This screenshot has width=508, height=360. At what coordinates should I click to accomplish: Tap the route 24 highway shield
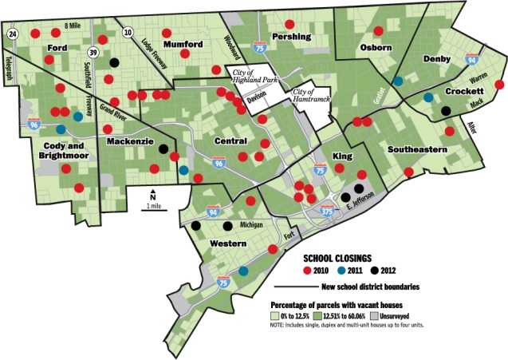[13, 34]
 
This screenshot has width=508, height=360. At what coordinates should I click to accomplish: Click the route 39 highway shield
[93, 53]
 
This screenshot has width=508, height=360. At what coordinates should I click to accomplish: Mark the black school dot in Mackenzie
[163, 148]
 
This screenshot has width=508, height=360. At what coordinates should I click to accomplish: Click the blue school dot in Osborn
[397, 81]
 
